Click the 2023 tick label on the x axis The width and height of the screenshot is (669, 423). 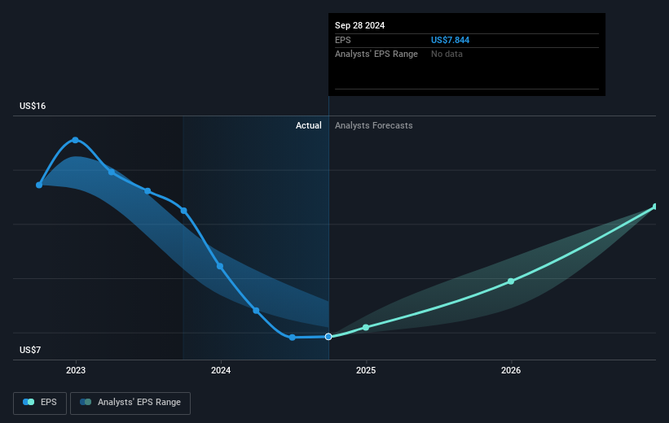tap(76, 370)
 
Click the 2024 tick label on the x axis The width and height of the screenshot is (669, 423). tap(221, 370)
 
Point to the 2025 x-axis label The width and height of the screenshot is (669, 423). tap(366, 370)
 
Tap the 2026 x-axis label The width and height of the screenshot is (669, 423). tap(511, 370)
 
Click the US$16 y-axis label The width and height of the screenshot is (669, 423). tap(34, 107)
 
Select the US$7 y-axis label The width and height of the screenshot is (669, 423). tap(32, 350)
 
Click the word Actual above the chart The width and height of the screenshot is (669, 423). tap(309, 125)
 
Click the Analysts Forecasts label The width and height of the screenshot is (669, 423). tap(373, 125)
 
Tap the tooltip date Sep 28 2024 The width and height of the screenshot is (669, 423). tap(359, 25)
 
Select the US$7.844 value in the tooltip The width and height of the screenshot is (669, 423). tap(451, 40)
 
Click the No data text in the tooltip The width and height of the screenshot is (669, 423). tap(447, 54)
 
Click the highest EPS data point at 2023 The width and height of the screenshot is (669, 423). tap(76, 140)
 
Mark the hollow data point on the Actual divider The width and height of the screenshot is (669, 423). tap(328, 336)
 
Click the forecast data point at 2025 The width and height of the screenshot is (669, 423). tap(366, 327)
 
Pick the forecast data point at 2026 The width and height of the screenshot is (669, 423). tap(511, 281)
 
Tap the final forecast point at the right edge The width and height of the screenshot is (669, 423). tap(655, 207)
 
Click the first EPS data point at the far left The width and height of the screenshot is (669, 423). tap(39, 185)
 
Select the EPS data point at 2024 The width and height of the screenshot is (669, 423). tap(220, 266)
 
